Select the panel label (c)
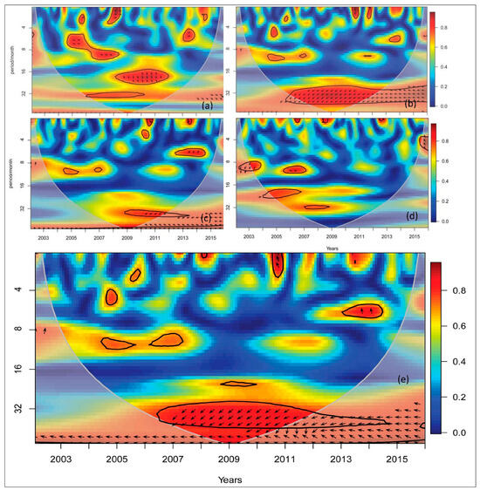pyautogui.click(x=207, y=217)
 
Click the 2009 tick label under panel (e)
pyautogui.click(x=229, y=459)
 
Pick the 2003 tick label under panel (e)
pyautogui.click(x=61, y=459)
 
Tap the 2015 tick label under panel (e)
pyautogui.click(x=396, y=459)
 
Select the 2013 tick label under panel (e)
pyautogui.click(x=340, y=459)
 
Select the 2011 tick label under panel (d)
pyautogui.click(x=358, y=236)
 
